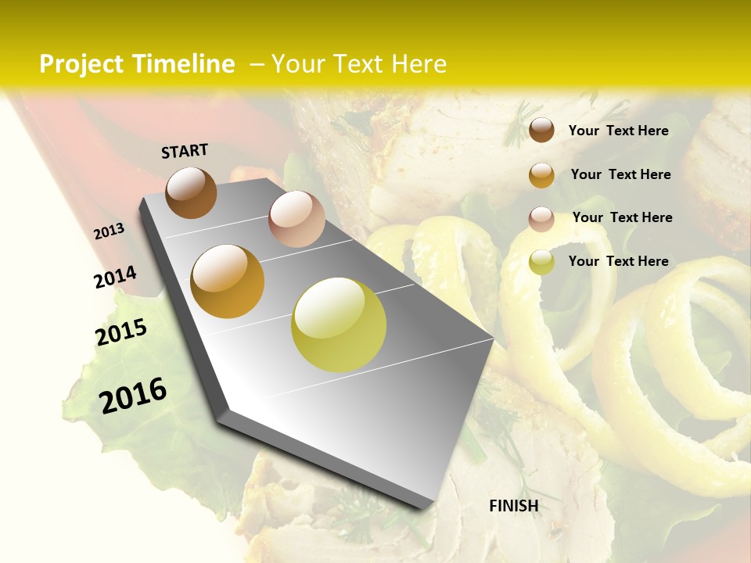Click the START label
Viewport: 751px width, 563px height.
click(x=185, y=151)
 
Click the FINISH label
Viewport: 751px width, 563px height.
click(x=513, y=506)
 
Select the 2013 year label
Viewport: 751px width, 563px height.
click(x=110, y=231)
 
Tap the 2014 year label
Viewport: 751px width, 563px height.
click(x=115, y=277)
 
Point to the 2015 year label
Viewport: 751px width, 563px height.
click(x=121, y=332)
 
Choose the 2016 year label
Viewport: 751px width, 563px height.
click(x=133, y=395)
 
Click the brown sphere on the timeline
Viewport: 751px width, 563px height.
click(x=191, y=192)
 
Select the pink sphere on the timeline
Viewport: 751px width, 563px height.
click(x=296, y=219)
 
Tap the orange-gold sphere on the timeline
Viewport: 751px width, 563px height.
click(x=228, y=281)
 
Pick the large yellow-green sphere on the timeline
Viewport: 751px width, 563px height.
click(x=339, y=325)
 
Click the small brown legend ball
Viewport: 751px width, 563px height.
click(x=541, y=130)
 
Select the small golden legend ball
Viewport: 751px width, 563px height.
click(x=541, y=174)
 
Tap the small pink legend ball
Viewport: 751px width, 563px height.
click(x=541, y=218)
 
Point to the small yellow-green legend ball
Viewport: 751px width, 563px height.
click(x=541, y=262)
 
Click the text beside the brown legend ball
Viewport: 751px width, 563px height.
click(x=618, y=131)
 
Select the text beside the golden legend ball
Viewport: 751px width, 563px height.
click(x=620, y=174)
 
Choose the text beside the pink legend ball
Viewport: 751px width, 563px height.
click(x=622, y=217)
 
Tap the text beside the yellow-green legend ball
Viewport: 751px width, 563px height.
click(x=618, y=261)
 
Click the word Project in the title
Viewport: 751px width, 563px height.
click(x=81, y=64)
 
